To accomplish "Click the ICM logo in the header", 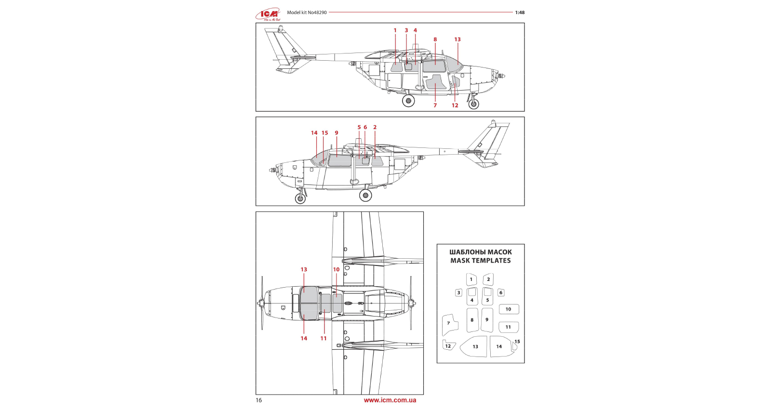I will pyautogui.click(x=268, y=14).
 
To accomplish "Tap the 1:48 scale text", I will pyautogui.click(x=519, y=13).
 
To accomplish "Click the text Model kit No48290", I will pyautogui.click(x=307, y=13).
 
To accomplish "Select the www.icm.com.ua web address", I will pyautogui.click(x=390, y=400).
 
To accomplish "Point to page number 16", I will pyautogui.click(x=259, y=400).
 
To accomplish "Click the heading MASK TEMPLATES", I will pyautogui.click(x=480, y=261).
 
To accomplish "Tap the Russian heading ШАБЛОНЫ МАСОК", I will pyautogui.click(x=480, y=252).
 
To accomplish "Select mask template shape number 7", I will pyautogui.click(x=449, y=324).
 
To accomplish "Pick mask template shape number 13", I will pyautogui.click(x=474, y=346).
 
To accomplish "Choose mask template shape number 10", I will pyautogui.click(x=509, y=309).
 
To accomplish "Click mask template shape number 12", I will pyautogui.click(x=448, y=345).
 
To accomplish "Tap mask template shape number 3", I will pyautogui.click(x=458, y=292).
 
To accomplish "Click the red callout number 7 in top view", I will pyautogui.click(x=435, y=106).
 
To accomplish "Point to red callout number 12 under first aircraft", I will pyautogui.click(x=455, y=106).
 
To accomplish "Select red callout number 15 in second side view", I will pyautogui.click(x=324, y=133).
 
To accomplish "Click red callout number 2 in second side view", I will pyautogui.click(x=375, y=128).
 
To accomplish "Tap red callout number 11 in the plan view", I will pyautogui.click(x=323, y=338).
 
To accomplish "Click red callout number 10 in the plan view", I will pyautogui.click(x=336, y=270).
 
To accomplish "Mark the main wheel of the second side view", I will pyautogui.click(x=365, y=195).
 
